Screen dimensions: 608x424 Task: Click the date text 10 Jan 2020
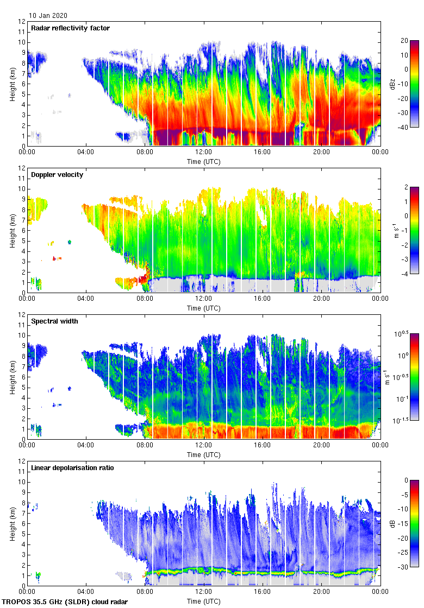click(48, 16)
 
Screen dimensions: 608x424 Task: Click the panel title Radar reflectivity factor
click(71, 28)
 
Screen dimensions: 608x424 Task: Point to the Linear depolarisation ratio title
click(72, 467)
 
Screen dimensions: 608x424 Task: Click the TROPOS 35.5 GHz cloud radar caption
click(65, 601)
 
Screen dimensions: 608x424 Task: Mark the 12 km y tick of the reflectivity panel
click(22, 22)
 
